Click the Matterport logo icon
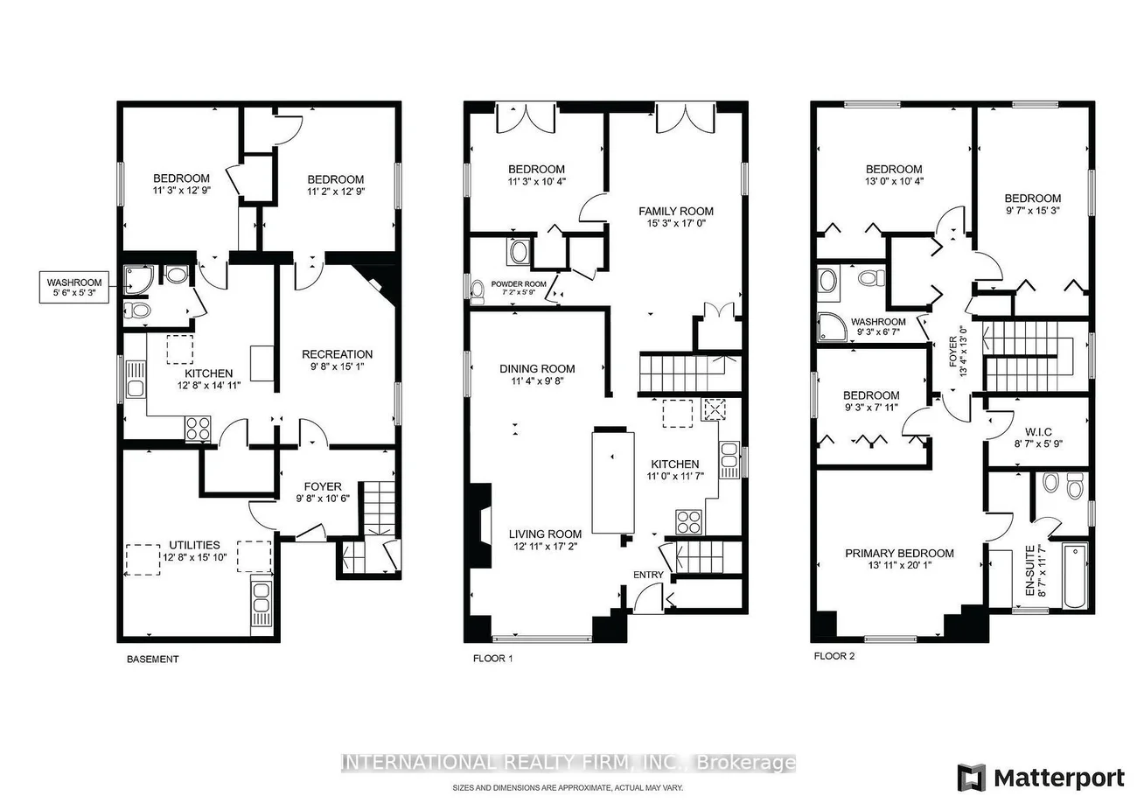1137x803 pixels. [x=971, y=777]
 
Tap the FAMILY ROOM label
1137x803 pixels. [x=675, y=211]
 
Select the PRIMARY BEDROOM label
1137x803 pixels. [x=899, y=554]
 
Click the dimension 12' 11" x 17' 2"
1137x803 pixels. [x=545, y=547]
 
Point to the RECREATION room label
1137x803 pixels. [x=337, y=354]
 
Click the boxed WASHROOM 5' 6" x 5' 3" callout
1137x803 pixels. [x=74, y=287]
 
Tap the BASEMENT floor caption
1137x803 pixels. [x=152, y=659]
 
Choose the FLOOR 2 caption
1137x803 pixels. [x=834, y=656]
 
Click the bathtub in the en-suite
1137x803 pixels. [x=1075, y=576]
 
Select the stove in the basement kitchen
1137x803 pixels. [x=198, y=428]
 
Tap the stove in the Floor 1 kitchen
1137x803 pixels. [x=688, y=522]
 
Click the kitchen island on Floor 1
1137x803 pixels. [x=613, y=481]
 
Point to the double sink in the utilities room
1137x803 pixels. [x=262, y=604]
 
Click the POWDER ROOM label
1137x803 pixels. [x=519, y=284]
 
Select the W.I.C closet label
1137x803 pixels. [x=1038, y=432]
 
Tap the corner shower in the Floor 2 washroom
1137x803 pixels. [x=832, y=326]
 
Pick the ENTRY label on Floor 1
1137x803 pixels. [x=648, y=575]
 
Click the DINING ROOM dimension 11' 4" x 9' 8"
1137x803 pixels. [x=537, y=381]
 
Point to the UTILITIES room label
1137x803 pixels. [x=194, y=545]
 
